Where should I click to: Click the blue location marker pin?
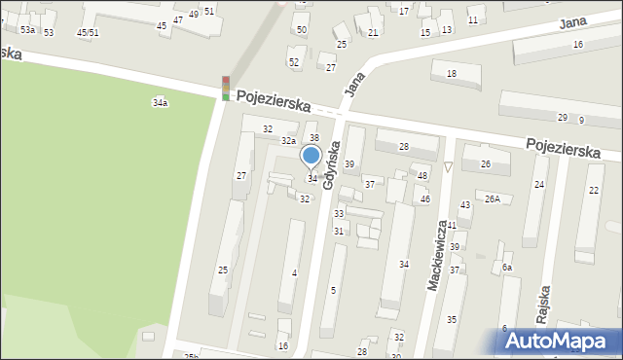311,156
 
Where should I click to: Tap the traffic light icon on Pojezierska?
226,89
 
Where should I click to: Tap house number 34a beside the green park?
160,102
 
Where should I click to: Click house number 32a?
289,141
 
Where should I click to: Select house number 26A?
493,199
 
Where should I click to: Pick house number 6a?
507,268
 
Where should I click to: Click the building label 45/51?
88,32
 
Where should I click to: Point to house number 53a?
27,30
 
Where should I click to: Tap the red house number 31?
339,231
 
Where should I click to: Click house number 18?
451,74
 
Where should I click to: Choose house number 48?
422,175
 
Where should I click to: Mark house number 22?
594,190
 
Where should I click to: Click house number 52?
294,61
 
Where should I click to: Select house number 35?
452,319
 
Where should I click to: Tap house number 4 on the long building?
294,272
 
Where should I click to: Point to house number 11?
473,19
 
